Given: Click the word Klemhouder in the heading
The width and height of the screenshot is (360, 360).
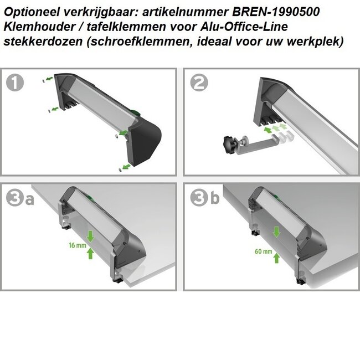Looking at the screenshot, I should click(x=32, y=27).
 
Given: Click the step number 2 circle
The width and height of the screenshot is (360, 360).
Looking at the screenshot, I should click(x=199, y=83).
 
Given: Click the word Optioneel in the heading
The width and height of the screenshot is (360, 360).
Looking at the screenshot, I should click(x=30, y=12).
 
